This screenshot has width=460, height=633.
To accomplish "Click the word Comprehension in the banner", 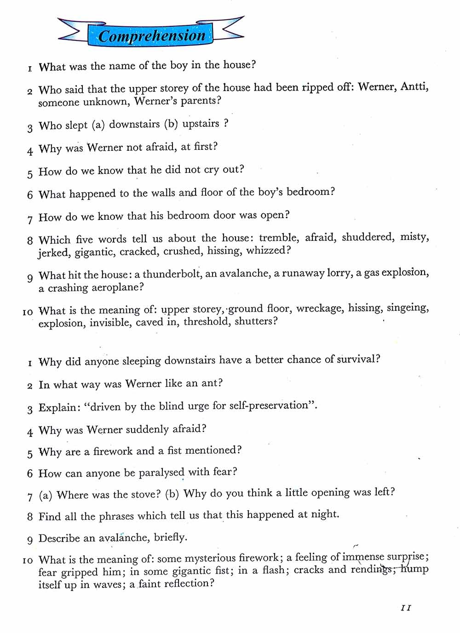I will pyautogui.click(x=152, y=36).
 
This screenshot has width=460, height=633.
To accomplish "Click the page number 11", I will pyautogui.click(x=406, y=608).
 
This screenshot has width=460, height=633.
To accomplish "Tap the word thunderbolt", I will pyautogui.click(x=172, y=274).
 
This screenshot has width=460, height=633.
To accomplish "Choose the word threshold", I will pyautogui.click(x=206, y=321).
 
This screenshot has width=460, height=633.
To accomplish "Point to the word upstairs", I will pyautogui.click(x=201, y=124).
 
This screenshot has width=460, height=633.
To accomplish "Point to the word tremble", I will pyautogui.click(x=278, y=238).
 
